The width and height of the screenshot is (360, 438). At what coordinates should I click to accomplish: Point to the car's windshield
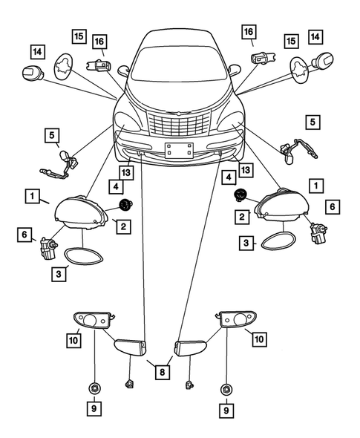point(178,63)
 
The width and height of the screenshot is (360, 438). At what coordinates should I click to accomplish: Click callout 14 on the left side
point(36,51)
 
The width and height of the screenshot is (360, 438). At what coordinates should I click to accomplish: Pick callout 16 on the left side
point(99,42)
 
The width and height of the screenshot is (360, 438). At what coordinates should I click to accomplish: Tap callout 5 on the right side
point(312,120)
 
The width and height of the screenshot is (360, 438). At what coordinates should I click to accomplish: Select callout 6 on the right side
point(332,206)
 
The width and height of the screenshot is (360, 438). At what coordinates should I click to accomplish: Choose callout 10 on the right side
point(259,339)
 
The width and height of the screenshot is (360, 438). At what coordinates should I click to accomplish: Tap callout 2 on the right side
point(242,217)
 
